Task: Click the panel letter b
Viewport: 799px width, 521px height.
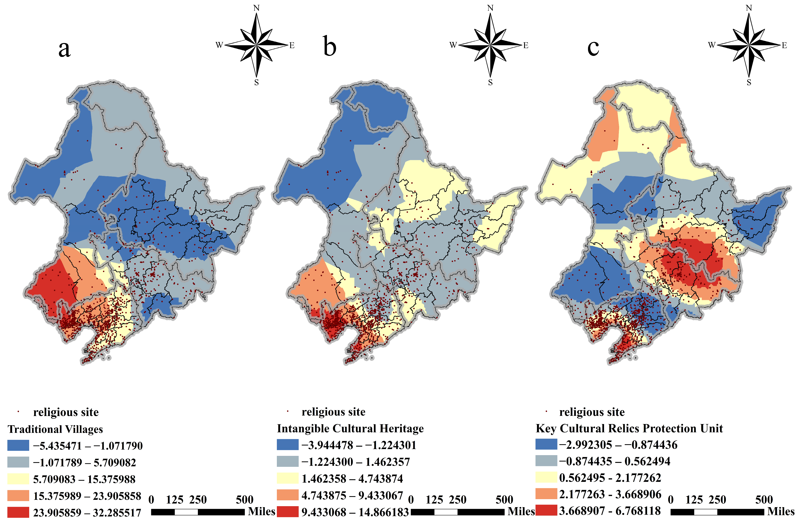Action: coord(330,47)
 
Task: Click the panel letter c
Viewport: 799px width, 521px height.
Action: coord(593,48)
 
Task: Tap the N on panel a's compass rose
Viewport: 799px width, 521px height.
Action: coord(256,8)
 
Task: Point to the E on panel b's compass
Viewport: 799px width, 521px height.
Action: coord(526,45)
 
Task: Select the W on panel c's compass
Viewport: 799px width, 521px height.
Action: coord(711,45)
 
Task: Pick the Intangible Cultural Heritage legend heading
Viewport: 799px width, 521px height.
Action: coord(350,429)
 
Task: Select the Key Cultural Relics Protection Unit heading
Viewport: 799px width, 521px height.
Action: coord(629,429)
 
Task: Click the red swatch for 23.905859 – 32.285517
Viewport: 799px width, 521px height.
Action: coord(18,512)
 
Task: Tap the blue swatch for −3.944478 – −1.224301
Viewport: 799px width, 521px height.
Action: coord(288,445)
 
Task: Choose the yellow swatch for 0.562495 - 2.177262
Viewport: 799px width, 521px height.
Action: coord(546,477)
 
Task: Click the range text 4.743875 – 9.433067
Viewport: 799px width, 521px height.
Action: coord(352,495)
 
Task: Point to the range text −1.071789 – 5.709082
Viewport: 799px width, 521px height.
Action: coord(84,463)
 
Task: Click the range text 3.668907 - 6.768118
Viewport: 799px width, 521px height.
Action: coord(610,511)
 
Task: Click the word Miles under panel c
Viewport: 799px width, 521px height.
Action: coord(781,512)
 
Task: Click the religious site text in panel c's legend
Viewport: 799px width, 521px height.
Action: coord(592,412)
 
